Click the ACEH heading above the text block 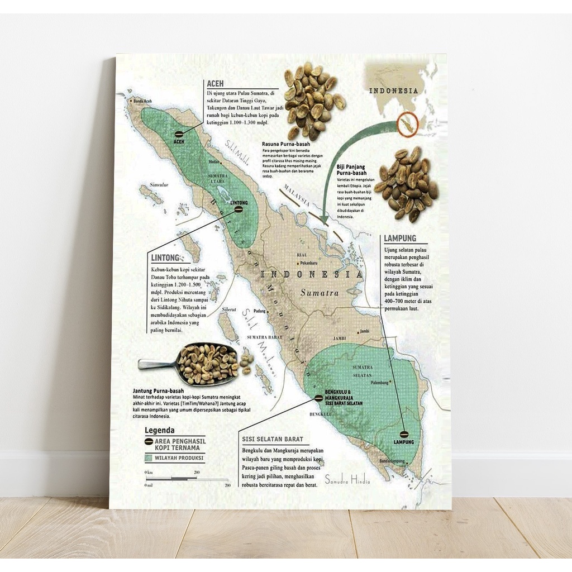pyautogui.click(x=215, y=84)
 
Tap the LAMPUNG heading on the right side pyautogui.click(x=399, y=239)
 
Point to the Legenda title pyautogui.click(x=159, y=430)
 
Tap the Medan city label pyautogui.click(x=213, y=163)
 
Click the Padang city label pyautogui.click(x=259, y=311)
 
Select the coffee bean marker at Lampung pyautogui.click(x=403, y=433)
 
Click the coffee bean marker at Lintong pyautogui.click(x=239, y=210)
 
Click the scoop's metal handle pyautogui.click(x=156, y=365)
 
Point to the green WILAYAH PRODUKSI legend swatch pyautogui.click(x=149, y=457)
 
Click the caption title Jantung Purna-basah pyautogui.click(x=158, y=390)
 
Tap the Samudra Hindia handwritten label pyautogui.click(x=347, y=479)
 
